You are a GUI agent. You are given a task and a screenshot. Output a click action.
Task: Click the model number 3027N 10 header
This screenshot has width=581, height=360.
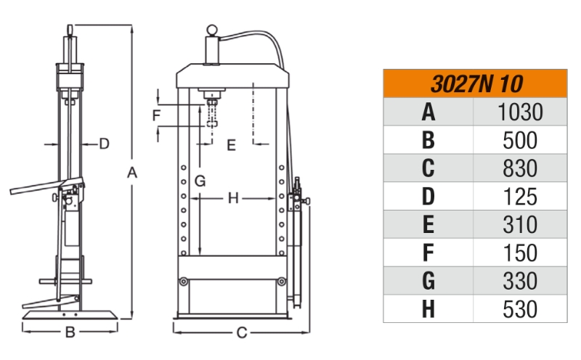(x=476, y=84)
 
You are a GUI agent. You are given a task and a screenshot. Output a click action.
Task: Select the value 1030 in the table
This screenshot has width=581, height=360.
(x=520, y=112)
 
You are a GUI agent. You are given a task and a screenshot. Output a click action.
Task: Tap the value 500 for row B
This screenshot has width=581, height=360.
(x=520, y=140)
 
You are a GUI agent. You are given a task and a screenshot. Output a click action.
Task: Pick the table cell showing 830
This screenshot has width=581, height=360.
(x=520, y=168)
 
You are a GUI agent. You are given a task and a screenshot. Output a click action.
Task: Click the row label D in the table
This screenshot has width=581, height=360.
(x=428, y=197)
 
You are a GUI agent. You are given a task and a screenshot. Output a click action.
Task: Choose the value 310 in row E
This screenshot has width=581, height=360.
(x=520, y=225)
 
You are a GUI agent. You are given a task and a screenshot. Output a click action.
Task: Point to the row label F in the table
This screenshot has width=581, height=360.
(x=428, y=253)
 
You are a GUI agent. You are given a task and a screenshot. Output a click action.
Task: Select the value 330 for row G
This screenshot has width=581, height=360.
(x=520, y=281)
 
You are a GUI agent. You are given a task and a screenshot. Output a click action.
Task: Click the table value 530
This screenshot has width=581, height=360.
(x=520, y=309)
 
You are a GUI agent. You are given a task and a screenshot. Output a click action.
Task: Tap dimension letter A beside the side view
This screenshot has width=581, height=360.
(x=132, y=173)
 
